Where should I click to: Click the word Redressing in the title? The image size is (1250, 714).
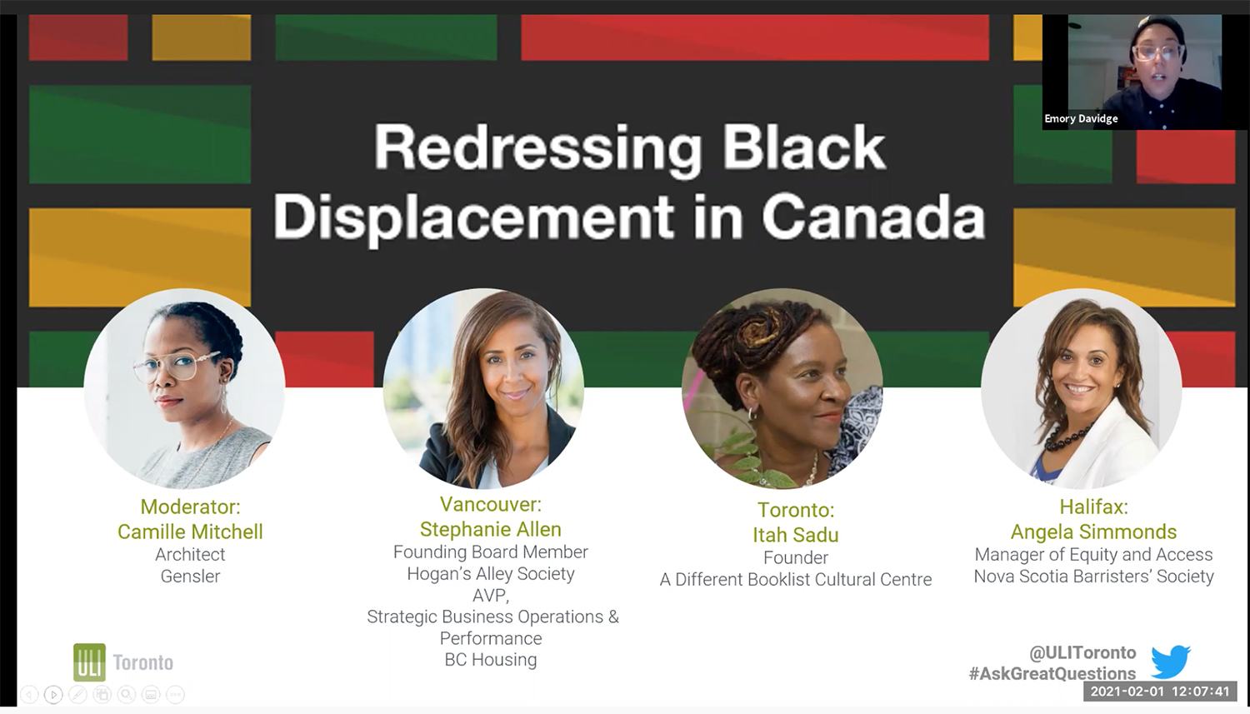[537, 149]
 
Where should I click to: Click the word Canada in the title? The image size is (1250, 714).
[873, 217]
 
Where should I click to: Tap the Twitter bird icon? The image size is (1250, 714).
[1170, 662]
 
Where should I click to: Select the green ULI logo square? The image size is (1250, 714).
[89, 662]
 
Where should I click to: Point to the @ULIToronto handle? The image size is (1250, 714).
[1082, 652]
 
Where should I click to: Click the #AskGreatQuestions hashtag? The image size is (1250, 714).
[1052, 673]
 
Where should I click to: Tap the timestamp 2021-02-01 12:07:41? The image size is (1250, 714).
[1160, 692]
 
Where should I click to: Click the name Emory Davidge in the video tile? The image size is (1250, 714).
[1081, 118]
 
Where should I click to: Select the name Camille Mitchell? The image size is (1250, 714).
[190, 532]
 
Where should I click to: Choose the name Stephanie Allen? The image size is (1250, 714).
[491, 529]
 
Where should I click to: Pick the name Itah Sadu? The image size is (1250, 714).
[796, 534]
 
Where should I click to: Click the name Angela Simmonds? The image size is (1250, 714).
[1093, 532]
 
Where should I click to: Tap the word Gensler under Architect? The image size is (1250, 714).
[190, 577]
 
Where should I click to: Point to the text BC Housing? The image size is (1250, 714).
[491, 659]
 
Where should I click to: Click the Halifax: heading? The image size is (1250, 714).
[1093, 507]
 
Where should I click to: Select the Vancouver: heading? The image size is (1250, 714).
[491, 504]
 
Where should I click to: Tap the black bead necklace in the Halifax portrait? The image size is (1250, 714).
[1070, 437]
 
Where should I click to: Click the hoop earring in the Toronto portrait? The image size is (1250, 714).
[752, 414]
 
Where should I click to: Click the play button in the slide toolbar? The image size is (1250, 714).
[53, 695]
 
